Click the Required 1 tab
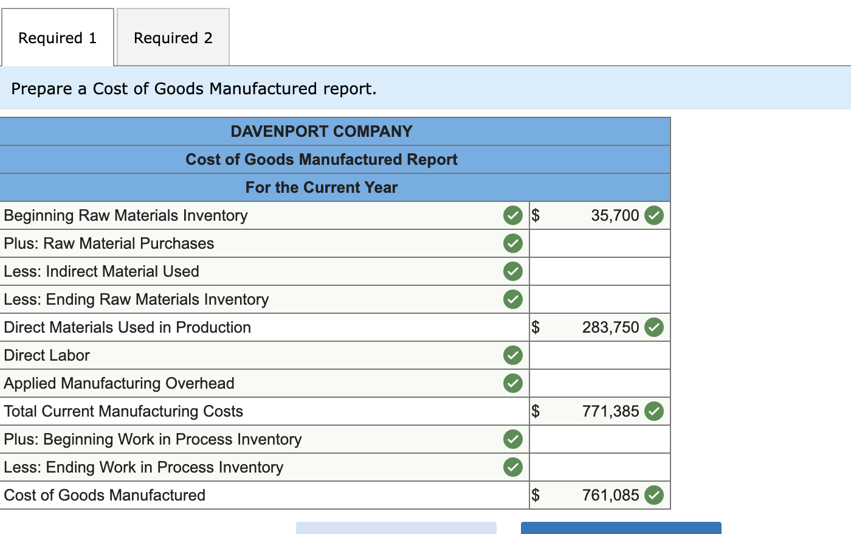57,38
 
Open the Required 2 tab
173,38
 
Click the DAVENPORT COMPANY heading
322,131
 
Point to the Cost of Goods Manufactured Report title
322,159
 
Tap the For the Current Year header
322,187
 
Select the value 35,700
615,215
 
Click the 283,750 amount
610,327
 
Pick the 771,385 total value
610,411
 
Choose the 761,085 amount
610,495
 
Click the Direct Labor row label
47,355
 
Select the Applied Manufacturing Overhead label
119,383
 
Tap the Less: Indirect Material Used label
102,271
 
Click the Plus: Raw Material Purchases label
109,243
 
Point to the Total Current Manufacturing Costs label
123,411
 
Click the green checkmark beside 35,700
654,215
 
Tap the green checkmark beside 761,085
654,495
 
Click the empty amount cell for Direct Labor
599,355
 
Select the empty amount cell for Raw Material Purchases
599,243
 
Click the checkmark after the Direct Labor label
513,355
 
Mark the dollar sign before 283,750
536,327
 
